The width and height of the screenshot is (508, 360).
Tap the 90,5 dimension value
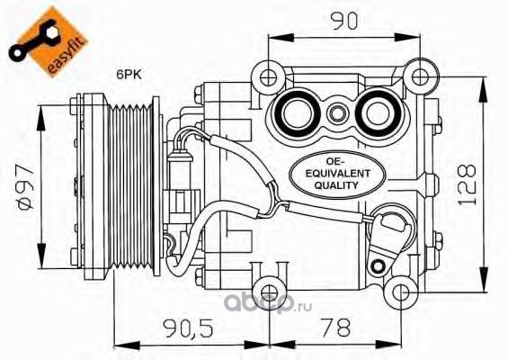[188, 328]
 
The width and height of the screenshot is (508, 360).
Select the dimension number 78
[335, 328]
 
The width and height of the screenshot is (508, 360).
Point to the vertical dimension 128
[468, 185]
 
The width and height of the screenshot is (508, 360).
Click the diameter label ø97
[26, 188]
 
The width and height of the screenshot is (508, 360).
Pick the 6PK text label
[129, 75]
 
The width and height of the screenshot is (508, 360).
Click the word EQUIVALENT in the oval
[337, 174]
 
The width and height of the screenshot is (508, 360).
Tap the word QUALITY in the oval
[336, 185]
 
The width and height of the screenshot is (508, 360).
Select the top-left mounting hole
[269, 77]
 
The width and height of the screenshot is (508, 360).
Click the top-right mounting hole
[421, 76]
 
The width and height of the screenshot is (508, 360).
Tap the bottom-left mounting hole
[269, 292]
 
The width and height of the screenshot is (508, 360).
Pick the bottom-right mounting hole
[401, 292]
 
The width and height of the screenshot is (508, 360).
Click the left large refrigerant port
[296, 114]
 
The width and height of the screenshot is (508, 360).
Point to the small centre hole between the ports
[337, 114]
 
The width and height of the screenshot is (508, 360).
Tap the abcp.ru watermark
[268, 303]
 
